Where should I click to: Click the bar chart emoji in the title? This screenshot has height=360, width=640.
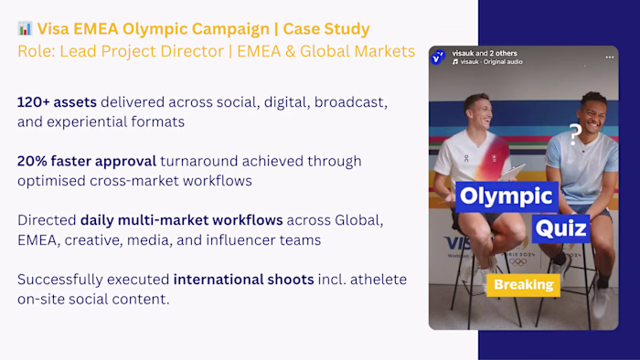point(25,28)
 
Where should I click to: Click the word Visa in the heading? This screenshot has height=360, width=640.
point(55,28)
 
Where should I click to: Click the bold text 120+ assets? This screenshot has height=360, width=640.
point(57,101)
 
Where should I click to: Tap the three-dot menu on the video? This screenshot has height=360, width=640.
point(609,58)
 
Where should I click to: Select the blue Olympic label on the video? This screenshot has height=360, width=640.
point(506,196)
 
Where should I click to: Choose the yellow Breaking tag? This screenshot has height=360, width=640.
point(524,284)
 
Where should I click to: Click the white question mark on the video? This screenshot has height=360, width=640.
point(575,135)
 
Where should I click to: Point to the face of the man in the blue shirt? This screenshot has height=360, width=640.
point(593,111)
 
